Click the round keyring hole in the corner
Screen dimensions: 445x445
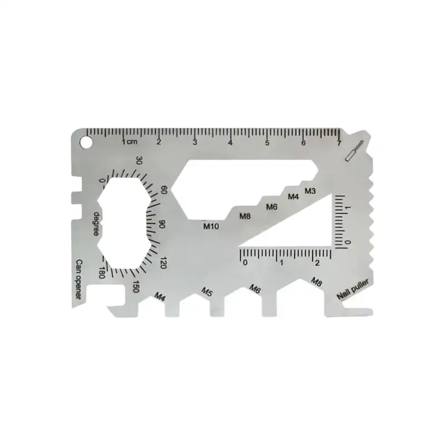[x=87, y=142]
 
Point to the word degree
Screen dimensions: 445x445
[x=97, y=223]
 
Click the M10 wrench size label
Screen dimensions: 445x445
[x=211, y=226]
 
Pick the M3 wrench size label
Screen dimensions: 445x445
[x=310, y=191]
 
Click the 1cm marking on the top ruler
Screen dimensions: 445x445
[x=129, y=142]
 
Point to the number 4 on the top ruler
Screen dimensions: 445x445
[x=230, y=143]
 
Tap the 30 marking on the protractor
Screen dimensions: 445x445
[x=139, y=161]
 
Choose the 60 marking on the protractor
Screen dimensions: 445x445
[x=164, y=190]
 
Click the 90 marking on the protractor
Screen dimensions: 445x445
[x=162, y=224]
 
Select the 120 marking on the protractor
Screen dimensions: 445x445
[x=163, y=262]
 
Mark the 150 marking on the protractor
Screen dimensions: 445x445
[x=136, y=286]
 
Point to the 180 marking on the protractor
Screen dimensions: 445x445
[x=101, y=273]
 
